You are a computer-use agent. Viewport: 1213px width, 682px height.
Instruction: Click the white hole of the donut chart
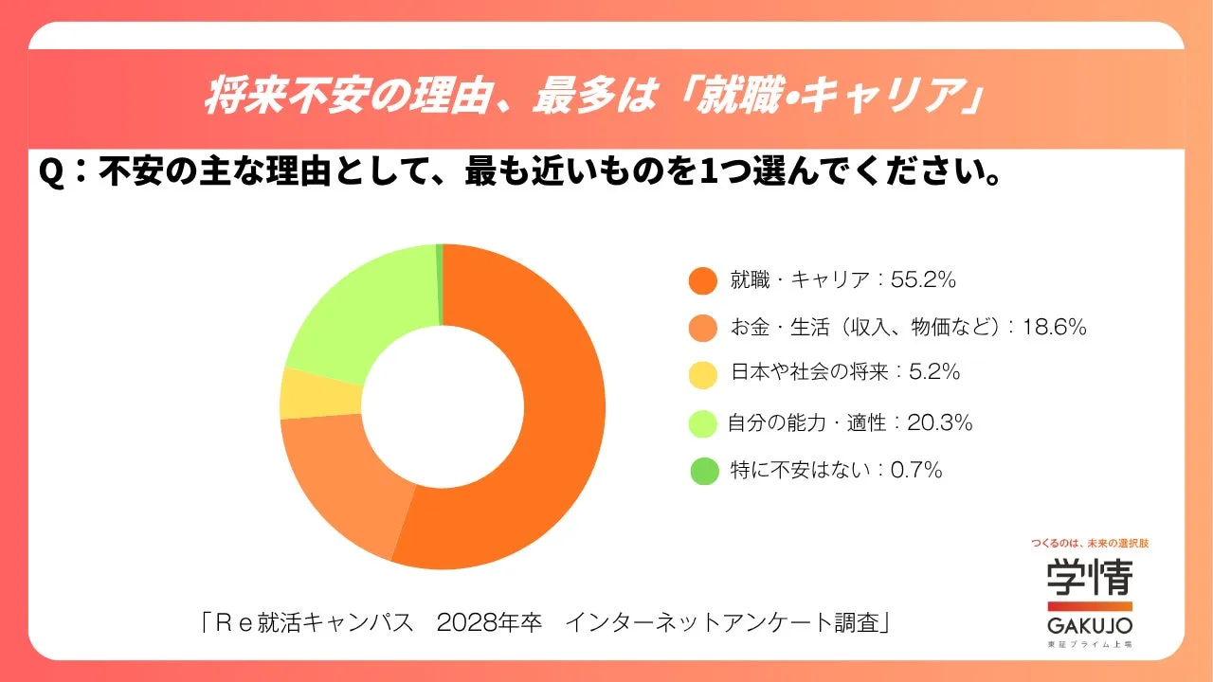coord(443,407)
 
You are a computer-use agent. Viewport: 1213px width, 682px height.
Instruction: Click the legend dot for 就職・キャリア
coord(702,280)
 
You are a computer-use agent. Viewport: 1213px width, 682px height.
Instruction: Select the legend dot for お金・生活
coord(702,328)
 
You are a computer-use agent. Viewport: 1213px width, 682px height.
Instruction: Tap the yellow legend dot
coord(702,373)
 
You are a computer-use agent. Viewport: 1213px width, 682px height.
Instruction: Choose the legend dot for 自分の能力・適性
coord(702,423)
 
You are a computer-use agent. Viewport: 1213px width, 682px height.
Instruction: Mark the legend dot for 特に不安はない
coord(702,470)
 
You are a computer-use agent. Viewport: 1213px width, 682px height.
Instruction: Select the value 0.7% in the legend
coord(916,470)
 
